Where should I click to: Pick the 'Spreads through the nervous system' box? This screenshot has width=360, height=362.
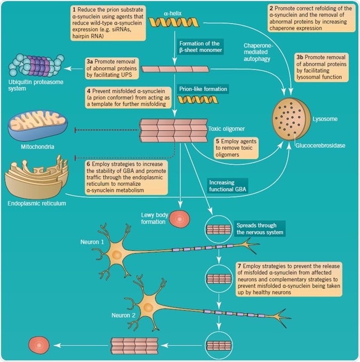point(259,228)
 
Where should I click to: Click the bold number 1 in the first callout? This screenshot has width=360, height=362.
point(73,10)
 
